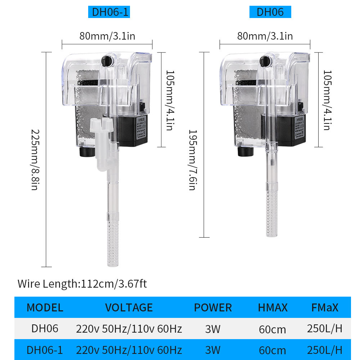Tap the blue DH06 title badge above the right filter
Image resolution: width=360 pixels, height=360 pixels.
(x=270, y=12)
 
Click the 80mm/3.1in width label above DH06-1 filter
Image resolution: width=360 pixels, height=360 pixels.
(x=107, y=36)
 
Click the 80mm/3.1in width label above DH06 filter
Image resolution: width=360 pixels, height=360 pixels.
(x=265, y=36)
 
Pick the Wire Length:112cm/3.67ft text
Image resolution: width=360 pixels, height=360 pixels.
(x=82, y=284)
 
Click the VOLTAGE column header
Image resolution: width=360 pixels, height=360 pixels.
(x=129, y=307)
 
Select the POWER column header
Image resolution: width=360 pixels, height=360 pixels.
(x=213, y=307)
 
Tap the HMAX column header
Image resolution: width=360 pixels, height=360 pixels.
(x=273, y=307)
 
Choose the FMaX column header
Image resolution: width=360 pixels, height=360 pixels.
(x=325, y=307)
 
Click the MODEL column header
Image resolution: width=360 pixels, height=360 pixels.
(x=45, y=307)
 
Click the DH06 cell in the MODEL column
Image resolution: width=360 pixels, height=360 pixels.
(x=45, y=328)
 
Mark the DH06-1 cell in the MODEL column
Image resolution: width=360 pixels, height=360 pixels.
(x=45, y=350)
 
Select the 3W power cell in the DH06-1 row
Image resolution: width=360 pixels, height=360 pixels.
(x=213, y=350)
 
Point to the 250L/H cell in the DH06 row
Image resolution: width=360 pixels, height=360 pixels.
(x=325, y=328)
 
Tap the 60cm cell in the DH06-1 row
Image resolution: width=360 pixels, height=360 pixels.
(x=273, y=350)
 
